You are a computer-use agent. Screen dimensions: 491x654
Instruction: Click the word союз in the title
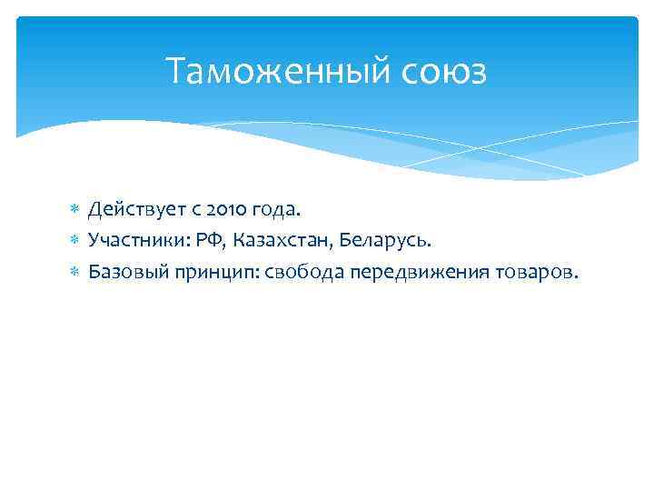point(442,72)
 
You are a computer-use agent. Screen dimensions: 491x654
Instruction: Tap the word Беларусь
point(382,240)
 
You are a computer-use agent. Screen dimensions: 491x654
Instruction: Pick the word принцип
point(204,271)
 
